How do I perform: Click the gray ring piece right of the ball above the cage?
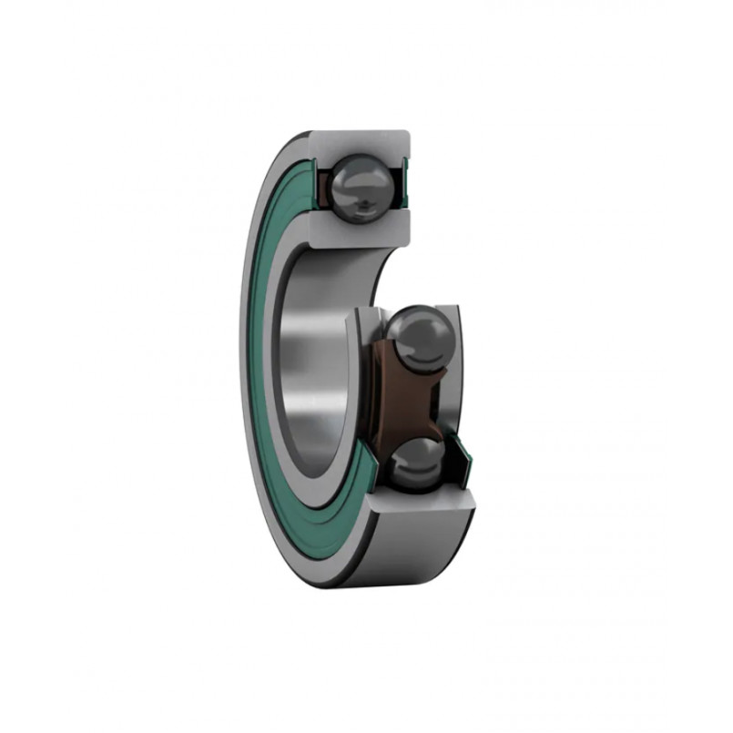coord(455,346)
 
